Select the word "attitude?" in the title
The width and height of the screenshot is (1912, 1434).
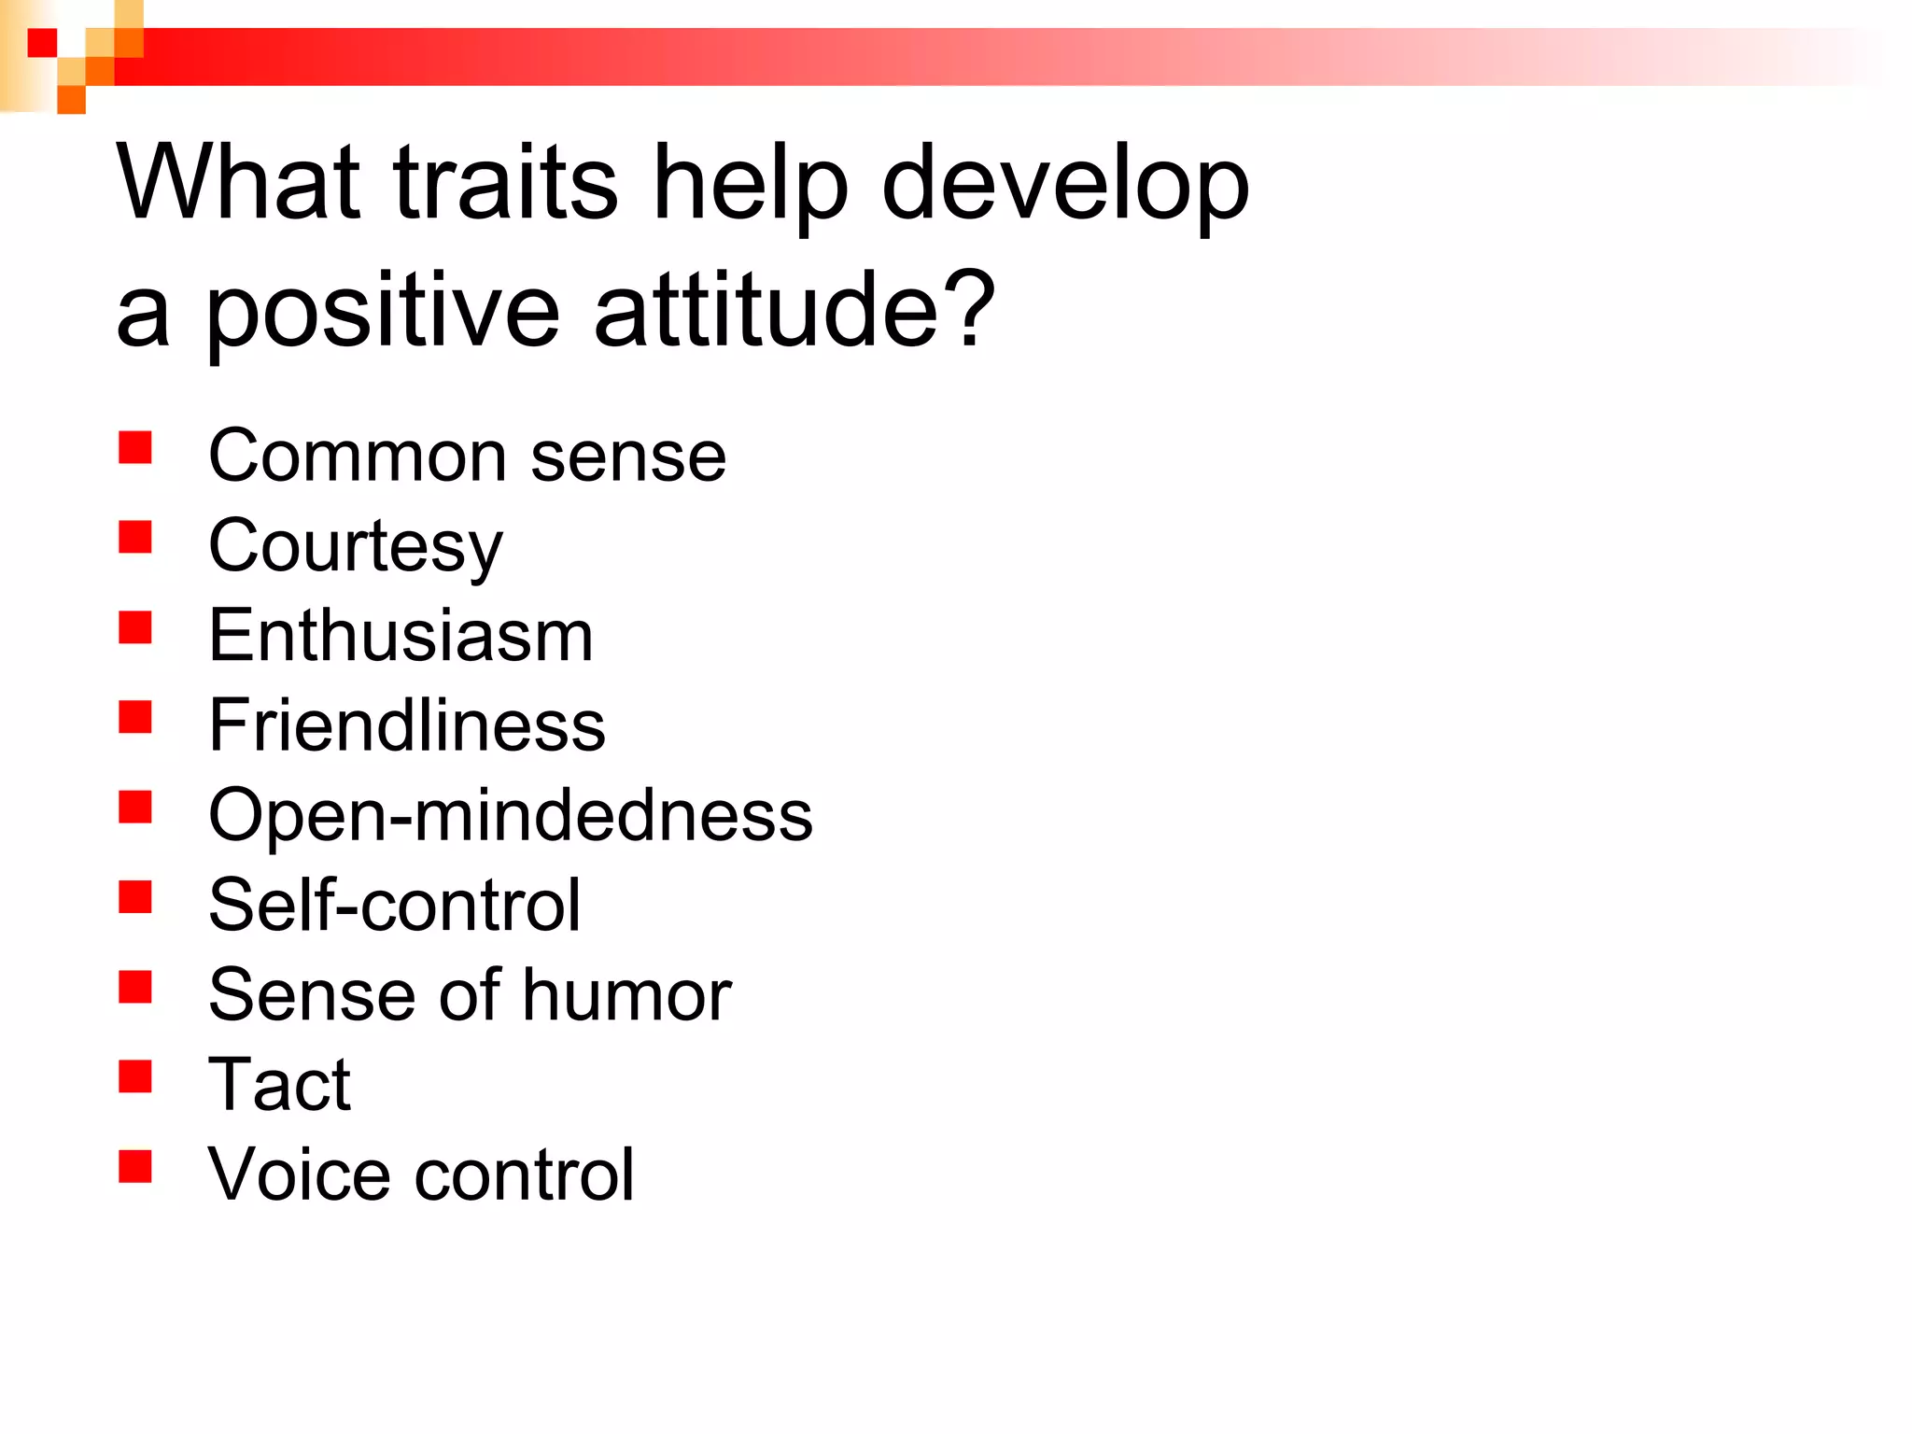coord(794,310)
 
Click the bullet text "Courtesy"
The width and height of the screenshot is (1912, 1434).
coord(356,548)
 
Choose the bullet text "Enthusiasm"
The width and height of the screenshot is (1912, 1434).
coord(401,636)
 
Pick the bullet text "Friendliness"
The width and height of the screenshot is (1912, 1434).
coord(407,725)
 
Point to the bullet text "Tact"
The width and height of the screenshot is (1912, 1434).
coord(279,1085)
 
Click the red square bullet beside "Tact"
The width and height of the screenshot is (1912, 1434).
coord(135,1076)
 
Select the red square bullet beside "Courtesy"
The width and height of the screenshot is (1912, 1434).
coord(135,537)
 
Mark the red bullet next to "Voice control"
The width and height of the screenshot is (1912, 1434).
coord(135,1166)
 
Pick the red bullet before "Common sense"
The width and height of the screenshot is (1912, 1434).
coord(135,447)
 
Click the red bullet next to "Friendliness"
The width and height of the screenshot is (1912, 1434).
coord(135,717)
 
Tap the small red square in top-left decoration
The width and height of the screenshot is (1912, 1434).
coord(42,42)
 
